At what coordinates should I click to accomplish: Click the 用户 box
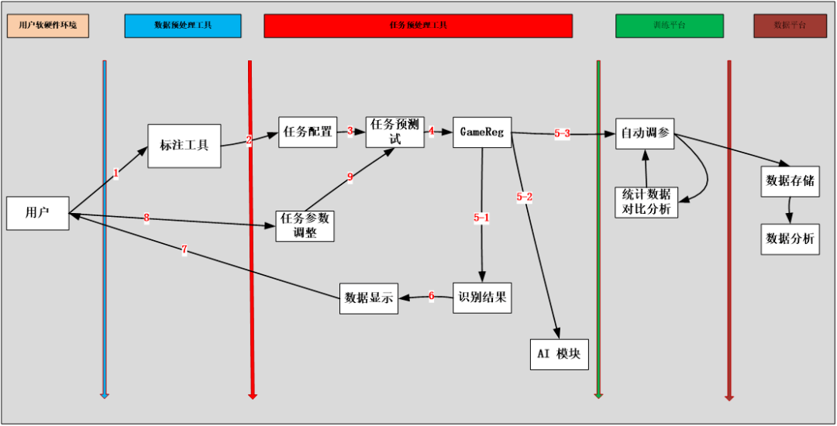[37, 213]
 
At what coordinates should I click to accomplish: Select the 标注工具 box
[184, 146]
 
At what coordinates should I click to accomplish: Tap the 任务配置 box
[308, 132]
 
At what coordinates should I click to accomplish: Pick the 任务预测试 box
[394, 132]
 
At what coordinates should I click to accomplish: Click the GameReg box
[482, 132]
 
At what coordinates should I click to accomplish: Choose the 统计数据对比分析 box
[646, 201]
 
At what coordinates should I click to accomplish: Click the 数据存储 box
[790, 181]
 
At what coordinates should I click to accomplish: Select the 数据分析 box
[790, 239]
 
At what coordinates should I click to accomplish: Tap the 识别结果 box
[482, 297]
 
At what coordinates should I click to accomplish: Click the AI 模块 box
[560, 354]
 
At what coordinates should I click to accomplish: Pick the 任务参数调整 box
[305, 225]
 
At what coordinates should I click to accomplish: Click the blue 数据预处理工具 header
[183, 26]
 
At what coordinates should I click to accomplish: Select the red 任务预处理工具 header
[418, 26]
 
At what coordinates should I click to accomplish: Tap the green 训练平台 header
[670, 26]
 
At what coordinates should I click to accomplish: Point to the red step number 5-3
[562, 134]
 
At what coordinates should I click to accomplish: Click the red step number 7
[184, 250]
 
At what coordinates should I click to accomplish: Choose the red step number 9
[350, 177]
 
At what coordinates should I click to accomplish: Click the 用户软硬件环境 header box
[48, 26]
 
